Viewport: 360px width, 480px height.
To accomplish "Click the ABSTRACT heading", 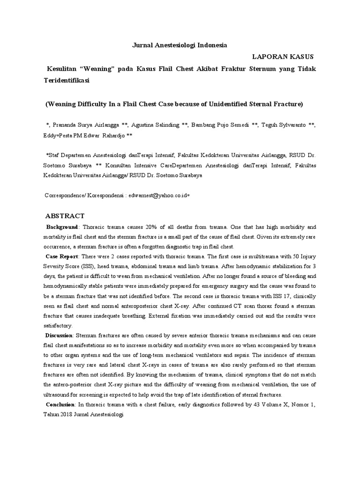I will (65, 216).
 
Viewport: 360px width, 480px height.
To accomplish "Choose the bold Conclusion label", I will (60, 405).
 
